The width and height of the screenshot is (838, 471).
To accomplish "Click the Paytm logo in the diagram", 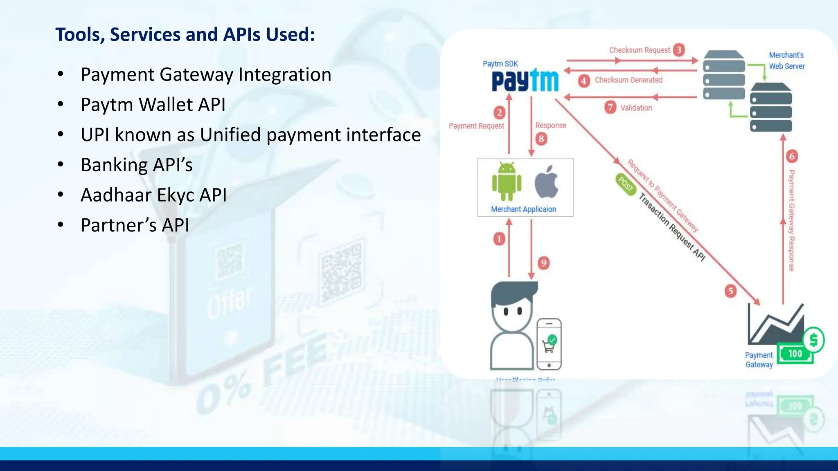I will [x=525, y=81].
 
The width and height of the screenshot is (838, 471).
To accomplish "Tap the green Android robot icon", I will [x=507, y=182].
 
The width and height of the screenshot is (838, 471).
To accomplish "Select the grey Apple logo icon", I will [x=547, y=182].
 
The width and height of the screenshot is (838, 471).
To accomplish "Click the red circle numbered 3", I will [x=679, y=50].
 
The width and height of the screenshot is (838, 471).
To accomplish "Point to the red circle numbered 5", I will [x=730, y=291].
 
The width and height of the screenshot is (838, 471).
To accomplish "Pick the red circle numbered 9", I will [x=543, y=263].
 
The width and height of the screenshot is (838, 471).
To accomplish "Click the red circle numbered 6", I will [x=792, y=156].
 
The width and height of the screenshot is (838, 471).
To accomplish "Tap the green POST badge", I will [x=626, y=184].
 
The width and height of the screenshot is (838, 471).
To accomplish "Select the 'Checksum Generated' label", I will [x=628, y=80].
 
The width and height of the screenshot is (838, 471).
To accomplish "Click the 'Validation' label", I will [x=636, y=108].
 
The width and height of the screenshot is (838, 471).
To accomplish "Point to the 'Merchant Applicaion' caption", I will [x=523, y=209].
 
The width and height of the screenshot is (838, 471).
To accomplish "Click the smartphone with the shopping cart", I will [x=549, y=344].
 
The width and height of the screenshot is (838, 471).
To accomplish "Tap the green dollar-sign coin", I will [x=813, y=340].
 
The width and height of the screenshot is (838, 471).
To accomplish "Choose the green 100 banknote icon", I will [x=795, y=354].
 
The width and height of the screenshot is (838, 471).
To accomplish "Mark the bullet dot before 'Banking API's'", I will [x=61, y=164].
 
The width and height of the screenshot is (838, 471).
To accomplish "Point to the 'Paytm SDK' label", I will [x=500, y=64].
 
